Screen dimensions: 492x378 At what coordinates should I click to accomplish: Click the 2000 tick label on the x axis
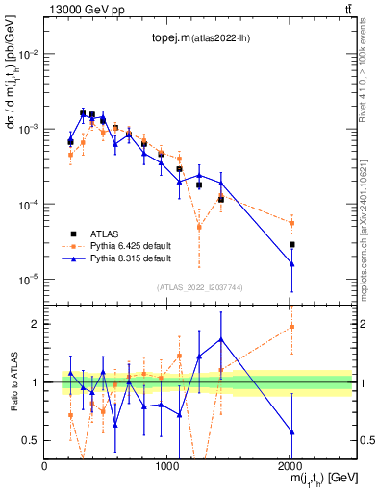coord(290,467)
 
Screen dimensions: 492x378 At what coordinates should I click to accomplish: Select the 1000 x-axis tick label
coord(167,467)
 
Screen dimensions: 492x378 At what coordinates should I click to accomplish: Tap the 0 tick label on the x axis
coord(45,467)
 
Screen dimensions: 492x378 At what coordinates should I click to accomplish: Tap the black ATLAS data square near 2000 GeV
coord(291,245)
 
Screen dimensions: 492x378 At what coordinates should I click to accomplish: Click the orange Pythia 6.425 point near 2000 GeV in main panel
coord(291,223)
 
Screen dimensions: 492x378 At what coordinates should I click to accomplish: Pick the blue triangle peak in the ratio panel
coord(221,339)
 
